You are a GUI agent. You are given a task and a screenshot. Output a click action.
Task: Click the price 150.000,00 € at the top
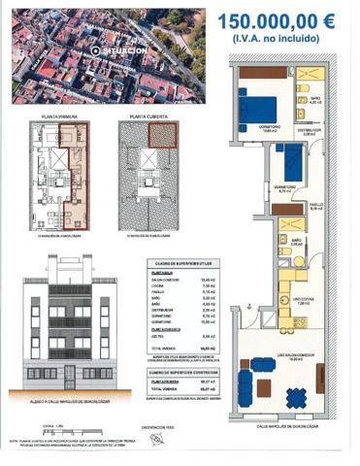[277, 20]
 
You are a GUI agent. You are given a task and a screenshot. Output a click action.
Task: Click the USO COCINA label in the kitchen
[299, 302]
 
